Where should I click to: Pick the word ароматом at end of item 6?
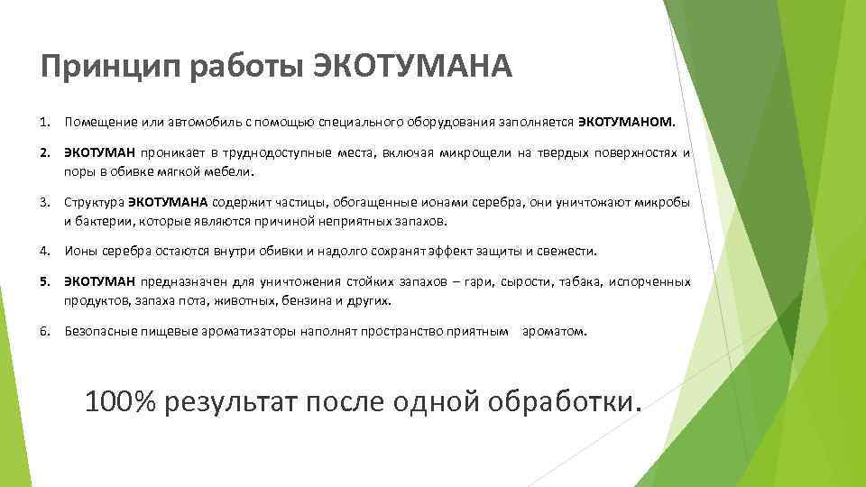click(x=556, y=332)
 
